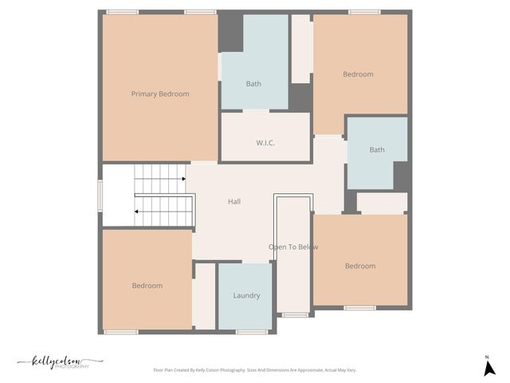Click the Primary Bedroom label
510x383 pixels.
click(x=160, y=94)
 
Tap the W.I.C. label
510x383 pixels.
click(x=265, y=143)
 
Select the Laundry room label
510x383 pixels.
click(x=246, y=296)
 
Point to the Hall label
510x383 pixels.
click(x=234, y=202)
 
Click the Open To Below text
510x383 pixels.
click(x=293, y=247)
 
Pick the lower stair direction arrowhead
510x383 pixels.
click(x=137, y=211)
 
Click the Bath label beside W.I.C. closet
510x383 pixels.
click(x=253, y=84)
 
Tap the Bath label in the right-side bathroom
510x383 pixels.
click(x=377, y=150)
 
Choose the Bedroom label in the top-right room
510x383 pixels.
click(x=358, y=75)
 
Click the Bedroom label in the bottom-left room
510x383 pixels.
click(x=147, y=286)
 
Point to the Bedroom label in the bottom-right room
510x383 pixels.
click(x=360, y=267)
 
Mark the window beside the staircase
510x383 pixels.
click(x=100, y=195)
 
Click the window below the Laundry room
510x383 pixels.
click(x=251, y=332)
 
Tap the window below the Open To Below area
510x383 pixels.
click(x=295, y=315)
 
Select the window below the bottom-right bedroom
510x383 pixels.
click(x=360, y=308)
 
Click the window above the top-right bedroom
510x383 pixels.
click(x=364, y=12)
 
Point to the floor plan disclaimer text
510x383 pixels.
click(x=255, y=370)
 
